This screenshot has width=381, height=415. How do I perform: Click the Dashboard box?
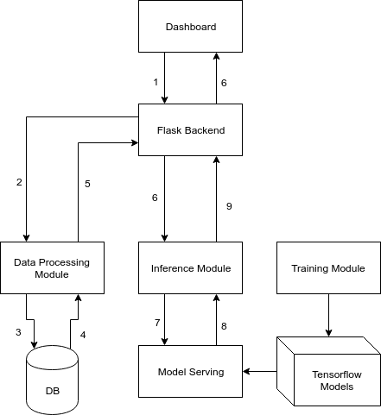(x=190, y=27)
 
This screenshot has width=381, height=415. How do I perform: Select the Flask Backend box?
(x=190, y=130)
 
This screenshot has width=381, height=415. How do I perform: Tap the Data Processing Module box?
(x=53, y=267)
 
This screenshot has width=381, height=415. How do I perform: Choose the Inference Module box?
(x=190, y=267)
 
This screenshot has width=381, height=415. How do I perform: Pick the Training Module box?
(x=328, y=267)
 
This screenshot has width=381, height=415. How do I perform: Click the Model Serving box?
(x=190, y=372)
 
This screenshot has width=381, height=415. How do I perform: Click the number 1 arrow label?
(x=156, y=82)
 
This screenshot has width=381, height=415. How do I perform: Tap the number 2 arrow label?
(x=18, y=182)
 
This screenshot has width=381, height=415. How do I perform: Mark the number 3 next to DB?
(x=17, y=332)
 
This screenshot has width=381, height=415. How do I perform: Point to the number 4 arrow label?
(x=84, y=334)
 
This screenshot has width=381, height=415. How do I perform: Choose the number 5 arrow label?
(x=87, y=183)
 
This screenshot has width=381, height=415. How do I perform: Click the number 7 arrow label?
(x=156, y=322)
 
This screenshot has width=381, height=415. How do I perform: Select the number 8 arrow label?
(x=224, y=325)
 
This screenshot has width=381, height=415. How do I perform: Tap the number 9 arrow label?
(x=229, y=206)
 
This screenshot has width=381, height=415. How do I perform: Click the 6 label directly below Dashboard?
(x=224, y=83)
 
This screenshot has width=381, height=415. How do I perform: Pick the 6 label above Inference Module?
(x=155, y=198)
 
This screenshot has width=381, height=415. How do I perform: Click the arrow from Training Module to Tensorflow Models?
(x=328, y=315)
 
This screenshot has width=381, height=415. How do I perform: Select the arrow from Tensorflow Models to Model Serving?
(x=259, y=372)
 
